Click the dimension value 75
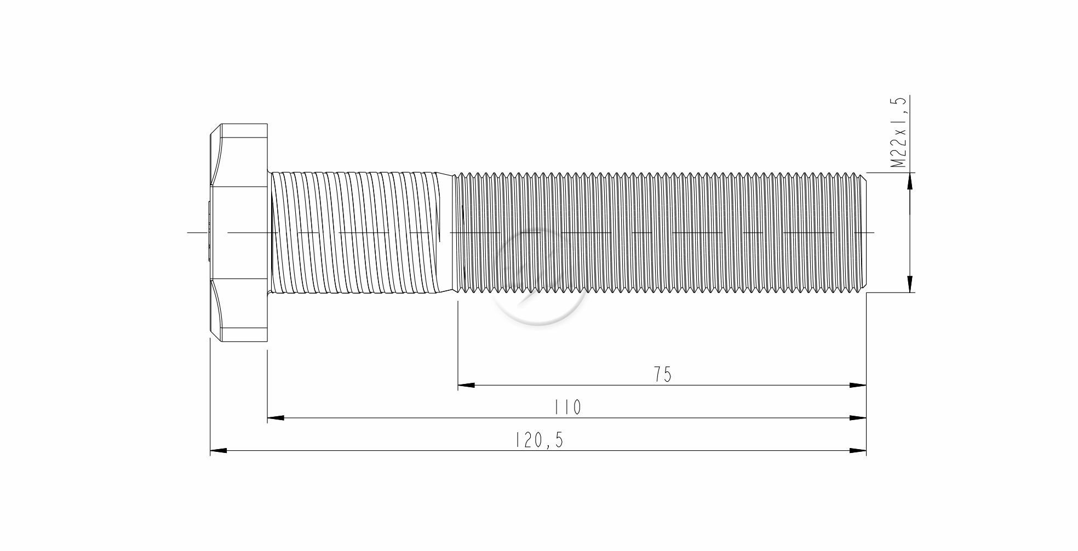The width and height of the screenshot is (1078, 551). [662, 375]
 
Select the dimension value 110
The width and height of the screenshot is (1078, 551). [567, 407]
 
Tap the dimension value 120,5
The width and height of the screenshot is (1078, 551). [539, 440]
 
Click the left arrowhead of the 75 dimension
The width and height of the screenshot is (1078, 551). [466, 386]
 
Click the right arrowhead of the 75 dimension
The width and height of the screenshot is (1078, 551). [858, 386]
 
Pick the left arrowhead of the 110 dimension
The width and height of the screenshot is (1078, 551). [276, 418]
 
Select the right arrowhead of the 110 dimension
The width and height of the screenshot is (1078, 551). [858, 418]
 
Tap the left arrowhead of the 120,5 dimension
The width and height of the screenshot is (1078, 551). [219, 451]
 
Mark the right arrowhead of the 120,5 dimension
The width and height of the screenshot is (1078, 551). [858, 451]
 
